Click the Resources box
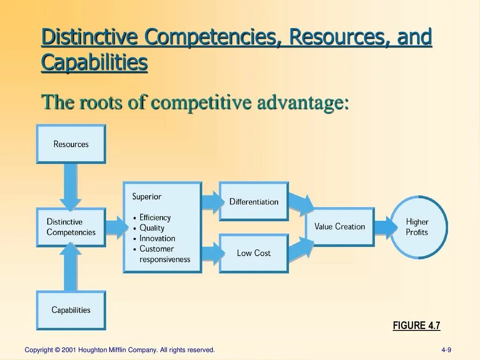[71, 144]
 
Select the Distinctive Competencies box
[71, 227]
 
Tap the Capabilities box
[71, 310]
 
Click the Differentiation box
[254, 202]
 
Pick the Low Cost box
[254, 253]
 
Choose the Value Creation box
[339, 227]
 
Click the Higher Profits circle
[417, 227]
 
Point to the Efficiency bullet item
[155, 217]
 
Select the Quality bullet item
[152, 228]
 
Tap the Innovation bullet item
[157, 238]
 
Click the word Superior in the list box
[147, 196]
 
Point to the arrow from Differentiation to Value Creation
[300, 204]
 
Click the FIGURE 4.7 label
[416, 326]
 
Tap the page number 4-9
[446, 350]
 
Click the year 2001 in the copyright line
[69, 350]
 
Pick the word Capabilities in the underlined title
[94, 62]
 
